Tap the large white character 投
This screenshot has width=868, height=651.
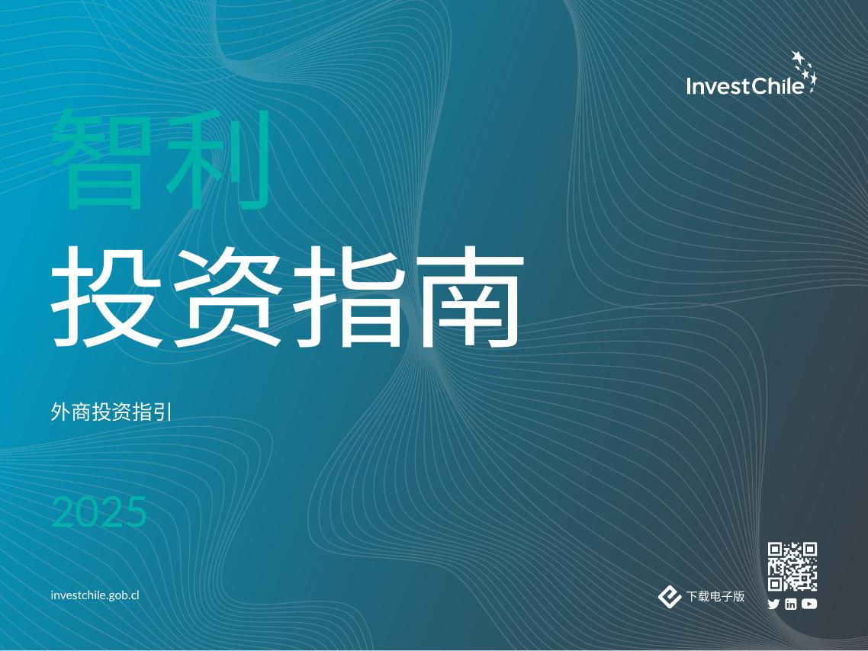(108, 297)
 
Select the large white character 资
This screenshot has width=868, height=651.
(227, 297)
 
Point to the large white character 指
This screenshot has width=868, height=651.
(347, 297)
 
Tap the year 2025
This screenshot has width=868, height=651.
(98, 512)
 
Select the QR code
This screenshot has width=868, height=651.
(792, 566)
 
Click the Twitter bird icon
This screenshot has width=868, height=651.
(773, 604)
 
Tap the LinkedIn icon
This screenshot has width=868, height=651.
(791, 604)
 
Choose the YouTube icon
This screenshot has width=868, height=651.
(809, 604)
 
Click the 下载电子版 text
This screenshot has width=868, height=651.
(715, 597)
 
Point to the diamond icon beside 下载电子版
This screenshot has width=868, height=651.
(670, 597)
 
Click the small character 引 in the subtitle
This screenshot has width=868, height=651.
(166, 412)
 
